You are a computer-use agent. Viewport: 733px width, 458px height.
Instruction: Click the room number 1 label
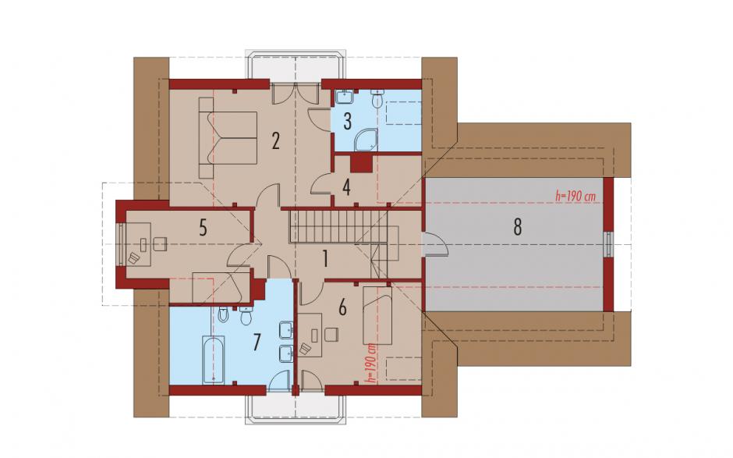(325, 259)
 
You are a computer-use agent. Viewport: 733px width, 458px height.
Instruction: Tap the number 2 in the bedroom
(275, 140)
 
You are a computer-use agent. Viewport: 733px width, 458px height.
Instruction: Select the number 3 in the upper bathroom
(347, 121)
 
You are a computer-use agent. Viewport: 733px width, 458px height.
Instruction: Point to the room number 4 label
(346, 187)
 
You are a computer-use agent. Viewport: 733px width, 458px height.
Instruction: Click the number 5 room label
(203, 228)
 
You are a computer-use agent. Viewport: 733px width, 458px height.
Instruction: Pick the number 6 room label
(342, 308)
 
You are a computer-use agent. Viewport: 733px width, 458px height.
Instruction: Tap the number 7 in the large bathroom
(256, 343)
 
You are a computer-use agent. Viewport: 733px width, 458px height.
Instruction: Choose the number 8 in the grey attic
(517, 227)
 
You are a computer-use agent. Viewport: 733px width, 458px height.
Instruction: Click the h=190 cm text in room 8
(575, 197)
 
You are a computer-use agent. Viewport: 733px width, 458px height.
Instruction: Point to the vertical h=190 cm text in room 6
(372, 364)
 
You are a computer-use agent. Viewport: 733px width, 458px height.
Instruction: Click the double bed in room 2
(228, 138)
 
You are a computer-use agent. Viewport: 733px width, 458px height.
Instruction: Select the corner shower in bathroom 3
(365, 140)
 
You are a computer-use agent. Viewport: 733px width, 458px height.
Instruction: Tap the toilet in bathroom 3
(377, 98)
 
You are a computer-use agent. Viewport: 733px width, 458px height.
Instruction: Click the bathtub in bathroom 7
(213, 359)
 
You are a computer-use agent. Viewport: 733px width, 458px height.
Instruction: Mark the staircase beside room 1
(338, 226)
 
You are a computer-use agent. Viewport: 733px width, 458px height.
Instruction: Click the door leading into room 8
(435, 244)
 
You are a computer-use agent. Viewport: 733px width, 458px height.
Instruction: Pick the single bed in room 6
(377, 315)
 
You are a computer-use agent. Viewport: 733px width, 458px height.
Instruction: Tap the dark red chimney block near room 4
(360, 164)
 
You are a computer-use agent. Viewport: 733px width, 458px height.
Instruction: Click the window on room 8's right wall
(607, 244)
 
